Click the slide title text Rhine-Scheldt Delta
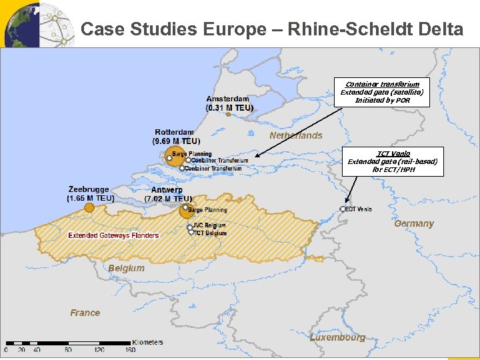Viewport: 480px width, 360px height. [x=271, y=29]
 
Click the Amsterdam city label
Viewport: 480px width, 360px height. [x=228, y=99]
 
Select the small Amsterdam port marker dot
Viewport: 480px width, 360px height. [x=228, y=114]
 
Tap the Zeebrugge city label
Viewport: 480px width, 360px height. [x=89, y=190]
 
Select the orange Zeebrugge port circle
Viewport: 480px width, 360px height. [x=89, y=208]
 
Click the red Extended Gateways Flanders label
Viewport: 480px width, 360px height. [x=113, y=235]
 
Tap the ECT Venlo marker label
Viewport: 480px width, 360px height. [x=359, y=209]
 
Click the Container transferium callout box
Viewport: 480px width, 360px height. [x=383, y=93]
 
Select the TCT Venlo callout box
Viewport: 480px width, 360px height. [x=393, y=161]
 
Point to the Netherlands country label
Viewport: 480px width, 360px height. [x=295, y=135]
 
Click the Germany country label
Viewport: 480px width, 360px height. [x=413, y=224]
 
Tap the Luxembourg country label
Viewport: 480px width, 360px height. [x=337, y=337]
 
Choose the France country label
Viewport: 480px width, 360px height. [x=85, y=313]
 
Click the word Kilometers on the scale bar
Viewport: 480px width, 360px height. [x=147, y=342]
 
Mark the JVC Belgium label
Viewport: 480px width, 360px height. [x=210, y=225]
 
